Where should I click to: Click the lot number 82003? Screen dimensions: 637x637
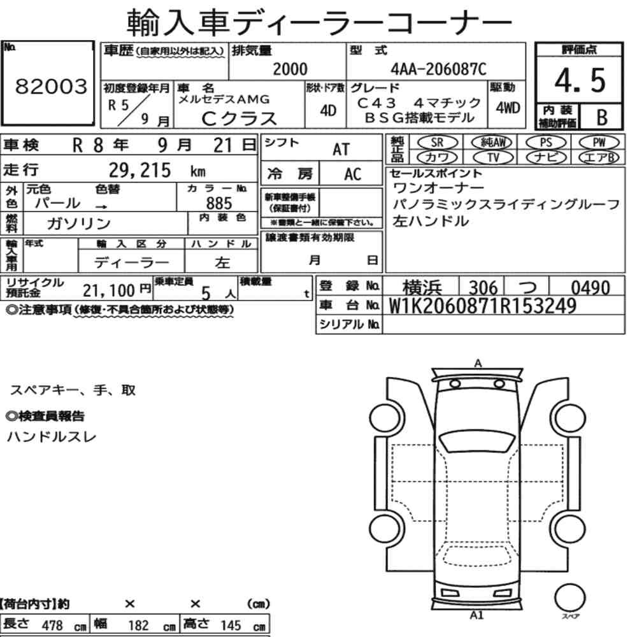tap(51, 86)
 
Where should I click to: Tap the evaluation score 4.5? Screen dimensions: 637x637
tap(580, 80)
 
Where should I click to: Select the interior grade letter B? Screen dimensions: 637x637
tap(602, 117)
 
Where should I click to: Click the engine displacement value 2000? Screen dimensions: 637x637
tap(290, 69)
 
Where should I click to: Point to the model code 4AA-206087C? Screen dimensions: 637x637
tap(438, 69)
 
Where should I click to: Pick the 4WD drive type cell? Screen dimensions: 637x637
tap(508, 108)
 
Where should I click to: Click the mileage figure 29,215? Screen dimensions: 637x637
tap(140, 170)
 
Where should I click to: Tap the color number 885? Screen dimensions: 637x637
tap(219, 203)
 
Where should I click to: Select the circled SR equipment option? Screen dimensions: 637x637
tap(438, 142)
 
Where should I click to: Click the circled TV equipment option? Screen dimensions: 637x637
tap(493, 157)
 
